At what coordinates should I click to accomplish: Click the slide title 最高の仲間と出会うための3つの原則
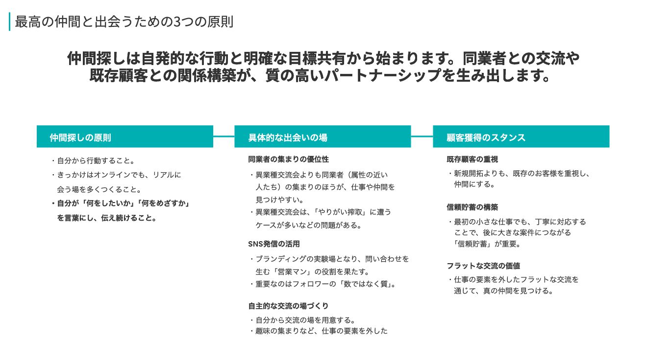[x=124, y=22]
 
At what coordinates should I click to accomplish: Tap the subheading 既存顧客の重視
[x=472, y=159]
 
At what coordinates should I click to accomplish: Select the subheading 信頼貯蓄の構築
[x=472, y=207]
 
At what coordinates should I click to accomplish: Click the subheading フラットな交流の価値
[x=483, y=266]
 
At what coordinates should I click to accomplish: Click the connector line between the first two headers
[x=224, y=136]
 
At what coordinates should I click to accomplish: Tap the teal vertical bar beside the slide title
[x=9, y=22]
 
